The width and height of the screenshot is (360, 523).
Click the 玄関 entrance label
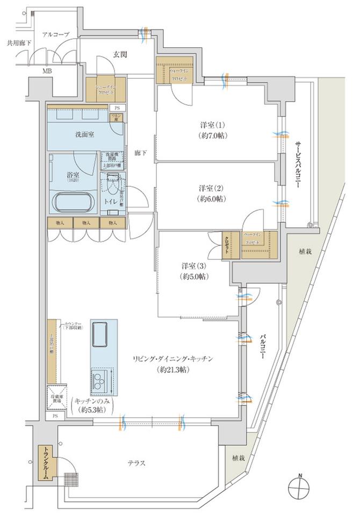tap(120, 54)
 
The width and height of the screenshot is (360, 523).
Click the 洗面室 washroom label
tap(84, 134)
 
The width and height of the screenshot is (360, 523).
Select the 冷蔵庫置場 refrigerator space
tap(56, 397)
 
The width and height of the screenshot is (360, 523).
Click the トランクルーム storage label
tap(46, 462)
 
